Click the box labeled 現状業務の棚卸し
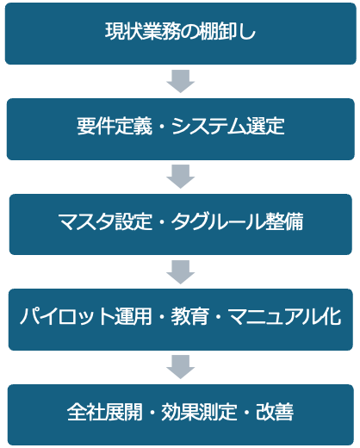coord(181,34)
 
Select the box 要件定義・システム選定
coord(181,129)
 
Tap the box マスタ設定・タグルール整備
coord(181,224)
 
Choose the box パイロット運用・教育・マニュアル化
coord(181,320)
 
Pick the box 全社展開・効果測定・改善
coord(181,415)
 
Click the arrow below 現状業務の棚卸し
coord(181,81)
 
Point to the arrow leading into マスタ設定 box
coord(181,177)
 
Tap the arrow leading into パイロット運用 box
coord(181,272)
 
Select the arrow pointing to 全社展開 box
coord(181,367)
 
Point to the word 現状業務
coord(143,31)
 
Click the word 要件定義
coord(115,127)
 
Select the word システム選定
coord(228,127)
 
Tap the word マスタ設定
coord(105,221)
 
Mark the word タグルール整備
coord(238,221)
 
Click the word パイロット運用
coord(86,316)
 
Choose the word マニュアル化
coord(285,316)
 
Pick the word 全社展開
coord(105,412)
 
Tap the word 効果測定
coord(199,412)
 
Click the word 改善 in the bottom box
coord(275,412)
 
